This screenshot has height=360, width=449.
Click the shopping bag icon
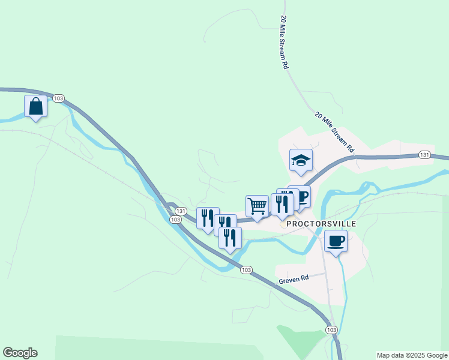click(x=36, y=107)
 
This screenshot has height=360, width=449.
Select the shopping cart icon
click(x=258, y=206)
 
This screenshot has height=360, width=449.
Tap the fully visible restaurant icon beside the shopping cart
click(x=282, y=204)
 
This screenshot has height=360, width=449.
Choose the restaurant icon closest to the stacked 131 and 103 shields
click(x=207, y=218)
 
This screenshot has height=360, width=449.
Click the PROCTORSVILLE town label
click(x=321, y=224)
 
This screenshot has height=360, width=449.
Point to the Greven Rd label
click(x=294, y=278)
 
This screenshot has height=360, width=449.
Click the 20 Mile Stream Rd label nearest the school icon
click(x=334, y=131)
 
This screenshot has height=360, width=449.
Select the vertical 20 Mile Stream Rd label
click(x=284, y=42)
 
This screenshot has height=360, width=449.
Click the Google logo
click(x=20, y=353)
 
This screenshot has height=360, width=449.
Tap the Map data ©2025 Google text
click(x=412, y=355)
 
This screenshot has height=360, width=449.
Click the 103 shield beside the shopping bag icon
click(x=58, y=98)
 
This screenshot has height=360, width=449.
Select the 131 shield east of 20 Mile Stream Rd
click(x=424, y=155)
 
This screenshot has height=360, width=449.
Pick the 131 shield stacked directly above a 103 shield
click(x=180, y=211)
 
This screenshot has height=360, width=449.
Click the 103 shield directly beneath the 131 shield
click(x=175, y=220)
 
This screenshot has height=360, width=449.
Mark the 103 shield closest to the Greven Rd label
click(x=246, y=270)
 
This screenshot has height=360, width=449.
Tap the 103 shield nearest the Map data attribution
click(x=331, y=330)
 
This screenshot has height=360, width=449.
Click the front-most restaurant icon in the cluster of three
click(x=230, y=238)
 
